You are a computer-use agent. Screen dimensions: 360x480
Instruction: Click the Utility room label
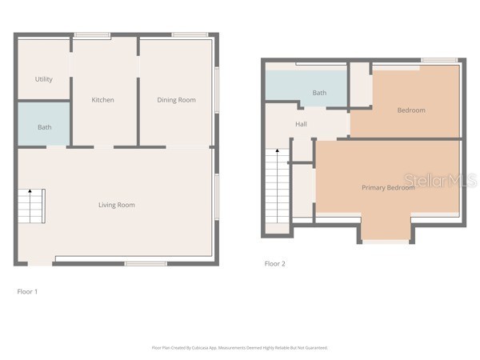coord(43,79)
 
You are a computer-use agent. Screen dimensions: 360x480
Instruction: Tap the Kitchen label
coord(102,100)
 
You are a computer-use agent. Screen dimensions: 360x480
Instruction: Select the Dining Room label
coord(176,100)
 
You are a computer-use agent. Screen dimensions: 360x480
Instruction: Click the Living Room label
coord(116,205)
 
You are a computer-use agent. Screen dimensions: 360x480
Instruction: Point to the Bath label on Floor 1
coord(44,127)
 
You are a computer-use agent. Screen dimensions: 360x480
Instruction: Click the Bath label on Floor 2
coord(319,93)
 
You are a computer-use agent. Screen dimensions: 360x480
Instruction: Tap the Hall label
coord(301,124)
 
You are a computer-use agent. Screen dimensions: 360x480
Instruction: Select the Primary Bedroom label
coord(387,187)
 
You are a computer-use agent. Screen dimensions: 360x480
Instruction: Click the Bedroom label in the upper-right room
coord(411,110)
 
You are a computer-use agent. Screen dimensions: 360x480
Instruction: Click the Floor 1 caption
coord(27,291)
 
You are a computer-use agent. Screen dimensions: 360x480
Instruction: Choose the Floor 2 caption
coord(274,263)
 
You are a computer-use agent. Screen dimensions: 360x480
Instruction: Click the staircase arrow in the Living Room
coord(30,192)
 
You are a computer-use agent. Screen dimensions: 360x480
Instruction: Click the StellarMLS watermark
coord(439,181)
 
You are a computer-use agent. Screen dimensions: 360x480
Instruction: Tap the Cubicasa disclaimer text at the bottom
coord(240,348)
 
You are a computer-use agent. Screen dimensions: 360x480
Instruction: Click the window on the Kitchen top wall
coord(92,34)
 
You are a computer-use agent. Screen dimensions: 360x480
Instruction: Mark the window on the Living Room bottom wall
coord(146,263)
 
